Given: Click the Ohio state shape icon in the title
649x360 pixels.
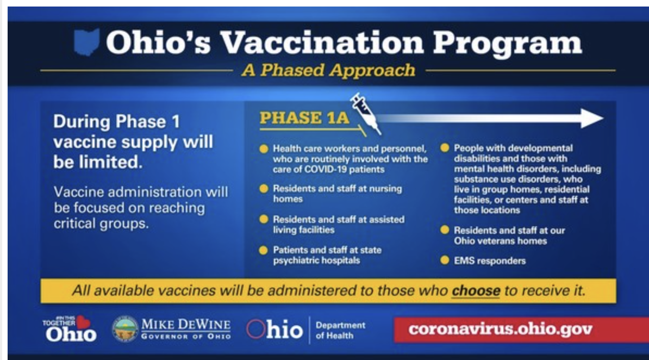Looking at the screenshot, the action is [x=86, y=42].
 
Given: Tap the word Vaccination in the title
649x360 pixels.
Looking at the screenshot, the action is [x=322, y=42].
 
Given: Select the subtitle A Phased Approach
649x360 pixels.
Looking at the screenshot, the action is [x=329, y=70].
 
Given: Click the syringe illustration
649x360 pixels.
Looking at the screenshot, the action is [x=365, y=114].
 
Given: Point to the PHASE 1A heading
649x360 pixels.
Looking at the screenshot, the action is [x=304, y=118].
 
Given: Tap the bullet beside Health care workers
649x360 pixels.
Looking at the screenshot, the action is [x=264, y=149].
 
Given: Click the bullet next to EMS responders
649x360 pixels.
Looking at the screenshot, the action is [x=445, y=260].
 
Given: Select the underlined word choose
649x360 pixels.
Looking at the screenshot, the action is [x=476, y=290].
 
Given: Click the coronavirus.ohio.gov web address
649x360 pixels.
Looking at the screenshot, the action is [x=501, y=329].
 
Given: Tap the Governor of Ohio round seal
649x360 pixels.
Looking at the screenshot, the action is [x=125, y=329].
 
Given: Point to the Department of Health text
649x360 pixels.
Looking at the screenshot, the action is [x=340, y=330].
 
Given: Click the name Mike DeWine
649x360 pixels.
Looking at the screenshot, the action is [x=186, y=324].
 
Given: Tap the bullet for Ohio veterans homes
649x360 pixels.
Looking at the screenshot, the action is [x=445, y=230].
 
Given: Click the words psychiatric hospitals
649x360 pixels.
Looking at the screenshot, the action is [x=316, y=260].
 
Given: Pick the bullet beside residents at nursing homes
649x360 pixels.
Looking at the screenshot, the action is [x=264, y=189].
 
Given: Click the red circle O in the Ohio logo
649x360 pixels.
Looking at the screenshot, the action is [x=255, y=329].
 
